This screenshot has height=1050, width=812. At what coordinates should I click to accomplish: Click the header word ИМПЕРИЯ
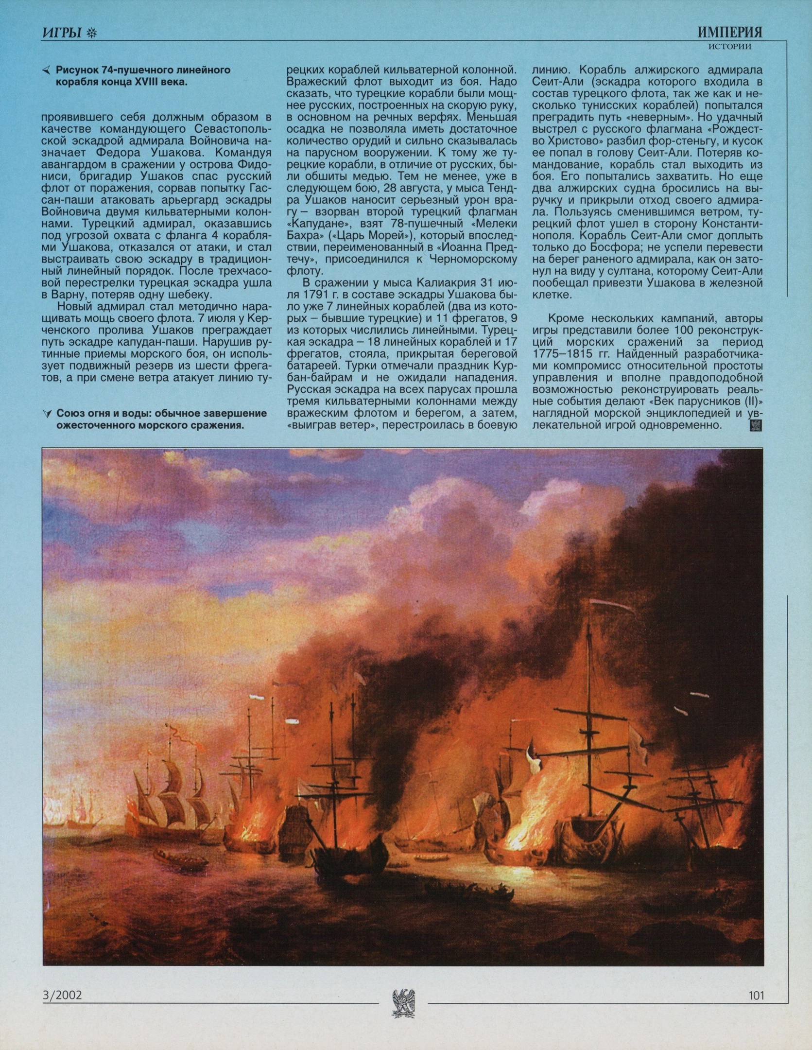729,33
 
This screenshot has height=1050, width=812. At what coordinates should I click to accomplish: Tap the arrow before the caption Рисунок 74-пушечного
46,71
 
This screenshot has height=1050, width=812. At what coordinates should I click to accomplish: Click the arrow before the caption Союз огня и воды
47,414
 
